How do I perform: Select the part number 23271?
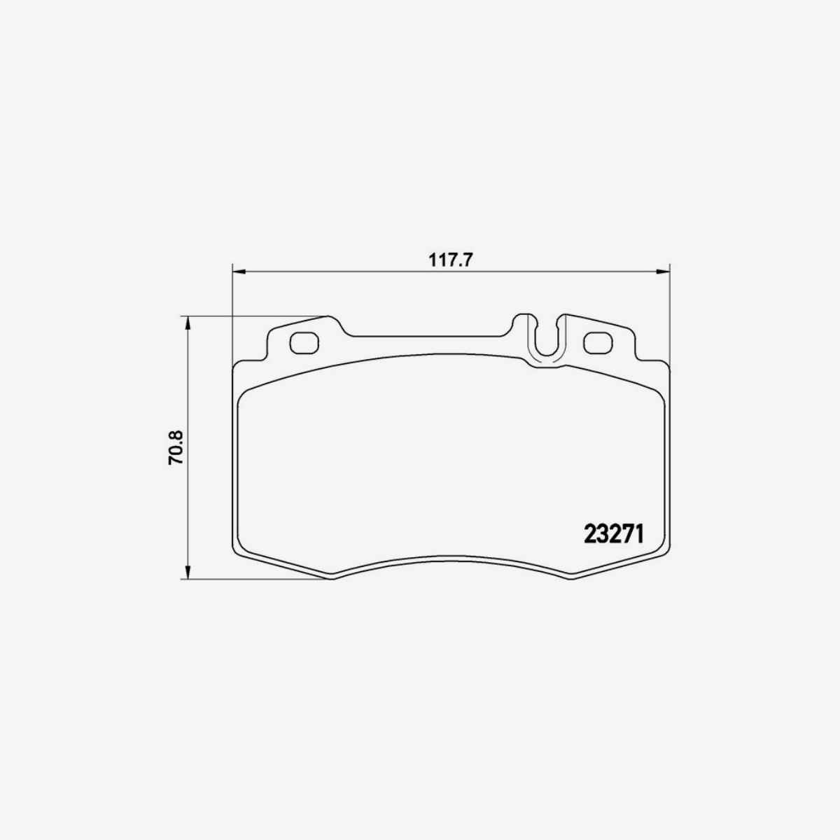click(x=613, y=534)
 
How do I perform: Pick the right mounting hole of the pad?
click(x=597, y=342)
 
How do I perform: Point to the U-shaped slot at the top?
click(x=547, y=339)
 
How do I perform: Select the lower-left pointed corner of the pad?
click(x=330, y=577)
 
